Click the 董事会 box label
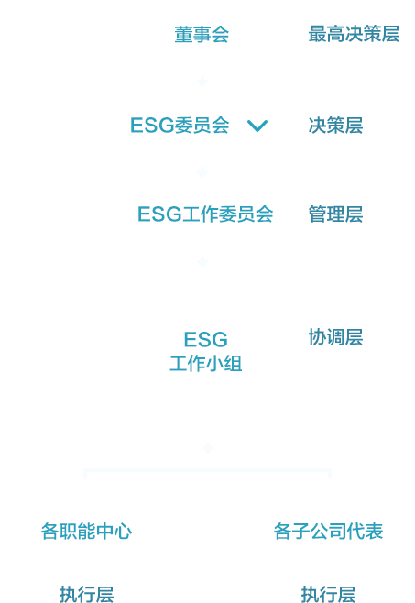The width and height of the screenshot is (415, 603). [202, 35]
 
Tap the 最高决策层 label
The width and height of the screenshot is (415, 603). [354, 34]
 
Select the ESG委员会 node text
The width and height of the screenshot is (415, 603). [180, 126]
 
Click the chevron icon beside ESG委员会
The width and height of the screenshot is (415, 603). [257, 126]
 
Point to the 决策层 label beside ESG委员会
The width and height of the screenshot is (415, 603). [335, 126]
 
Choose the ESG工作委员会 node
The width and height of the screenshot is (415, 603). [205, 214]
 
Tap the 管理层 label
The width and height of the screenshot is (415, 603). [335, 214]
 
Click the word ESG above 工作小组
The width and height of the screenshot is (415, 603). [206, 340]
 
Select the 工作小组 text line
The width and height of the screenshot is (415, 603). [206, 364]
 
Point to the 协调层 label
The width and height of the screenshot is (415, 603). [335, 337]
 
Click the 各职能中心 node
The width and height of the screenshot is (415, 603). [86, 532]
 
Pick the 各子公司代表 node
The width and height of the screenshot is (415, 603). [328, 532]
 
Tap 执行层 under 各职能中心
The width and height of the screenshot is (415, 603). [86, 594]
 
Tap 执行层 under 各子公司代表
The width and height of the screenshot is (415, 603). [328, 594]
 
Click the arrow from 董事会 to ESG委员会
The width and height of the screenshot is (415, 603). [202, 82]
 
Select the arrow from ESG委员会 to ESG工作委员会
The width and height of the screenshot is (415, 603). [202, 171]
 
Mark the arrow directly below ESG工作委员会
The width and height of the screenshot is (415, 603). [202, 262]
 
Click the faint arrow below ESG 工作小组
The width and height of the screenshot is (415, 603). [208, 448]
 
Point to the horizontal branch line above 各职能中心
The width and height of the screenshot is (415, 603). [208, 470]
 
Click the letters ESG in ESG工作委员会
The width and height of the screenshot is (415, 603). [159, 214]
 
